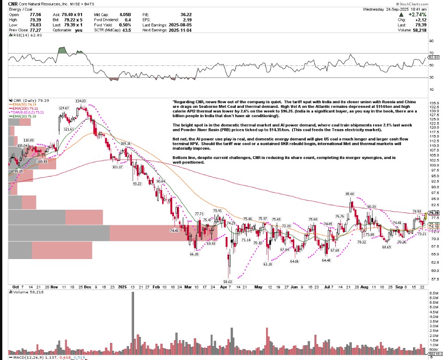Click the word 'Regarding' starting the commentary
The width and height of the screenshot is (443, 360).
point(183,101)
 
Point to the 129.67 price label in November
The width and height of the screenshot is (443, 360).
point(64,108)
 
